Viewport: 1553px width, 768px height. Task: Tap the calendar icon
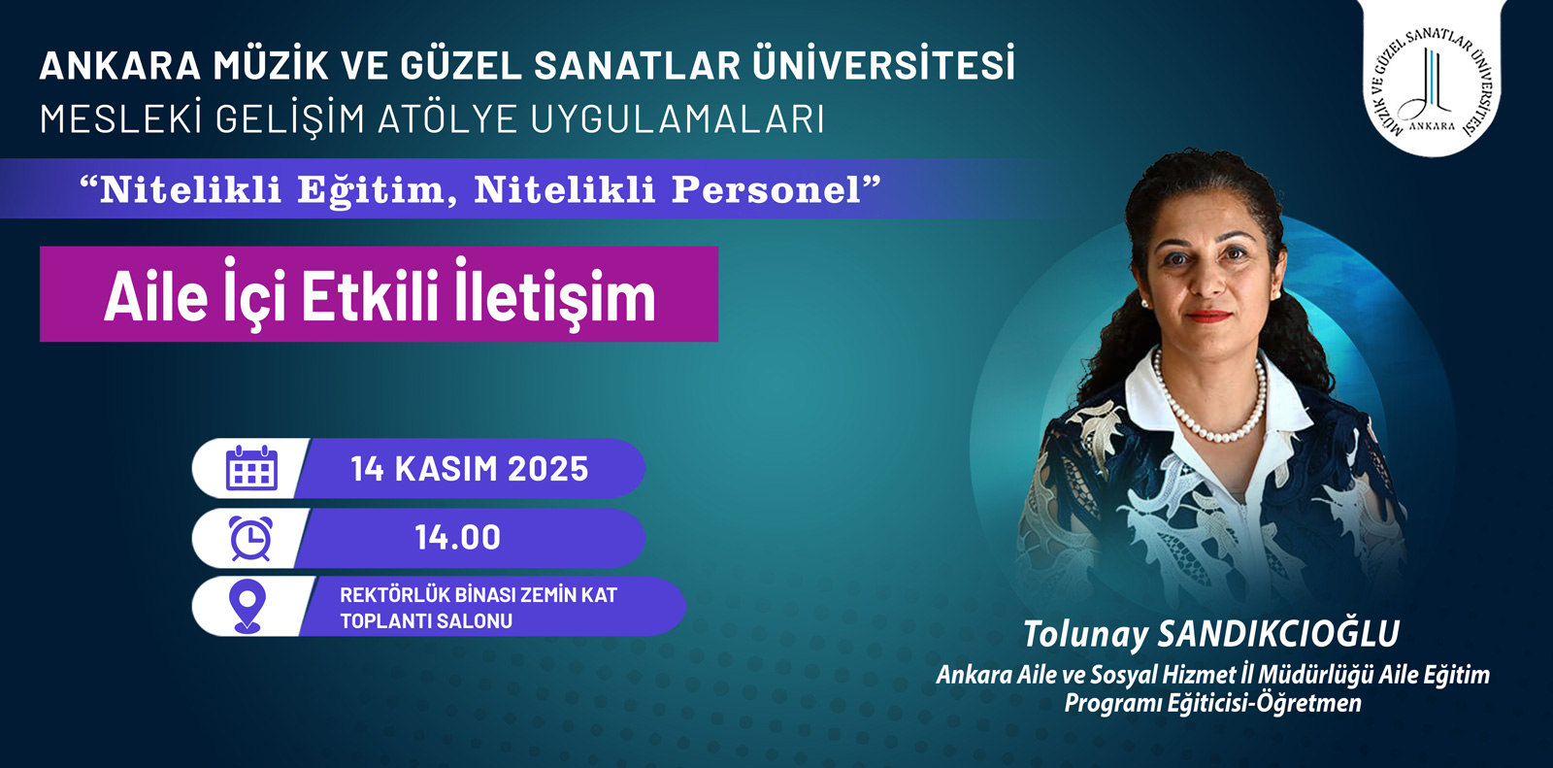[x=251, y=468]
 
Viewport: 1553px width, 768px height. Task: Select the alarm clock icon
[x=251, y=538]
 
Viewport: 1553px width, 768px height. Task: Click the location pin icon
[x=247, y=606]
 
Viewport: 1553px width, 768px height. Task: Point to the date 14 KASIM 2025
[x=470, y=468]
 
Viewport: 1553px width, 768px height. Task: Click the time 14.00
[x=457, y=538]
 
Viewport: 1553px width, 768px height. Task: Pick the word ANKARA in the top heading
[x=120, y=65]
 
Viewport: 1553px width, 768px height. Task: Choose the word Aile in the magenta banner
[x=156, y=297]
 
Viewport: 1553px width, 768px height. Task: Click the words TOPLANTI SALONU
[x=426, y=621]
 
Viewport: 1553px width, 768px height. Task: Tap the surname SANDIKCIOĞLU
[x=1277, y=633]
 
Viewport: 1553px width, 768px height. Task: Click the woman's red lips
[x=1207, y=317]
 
